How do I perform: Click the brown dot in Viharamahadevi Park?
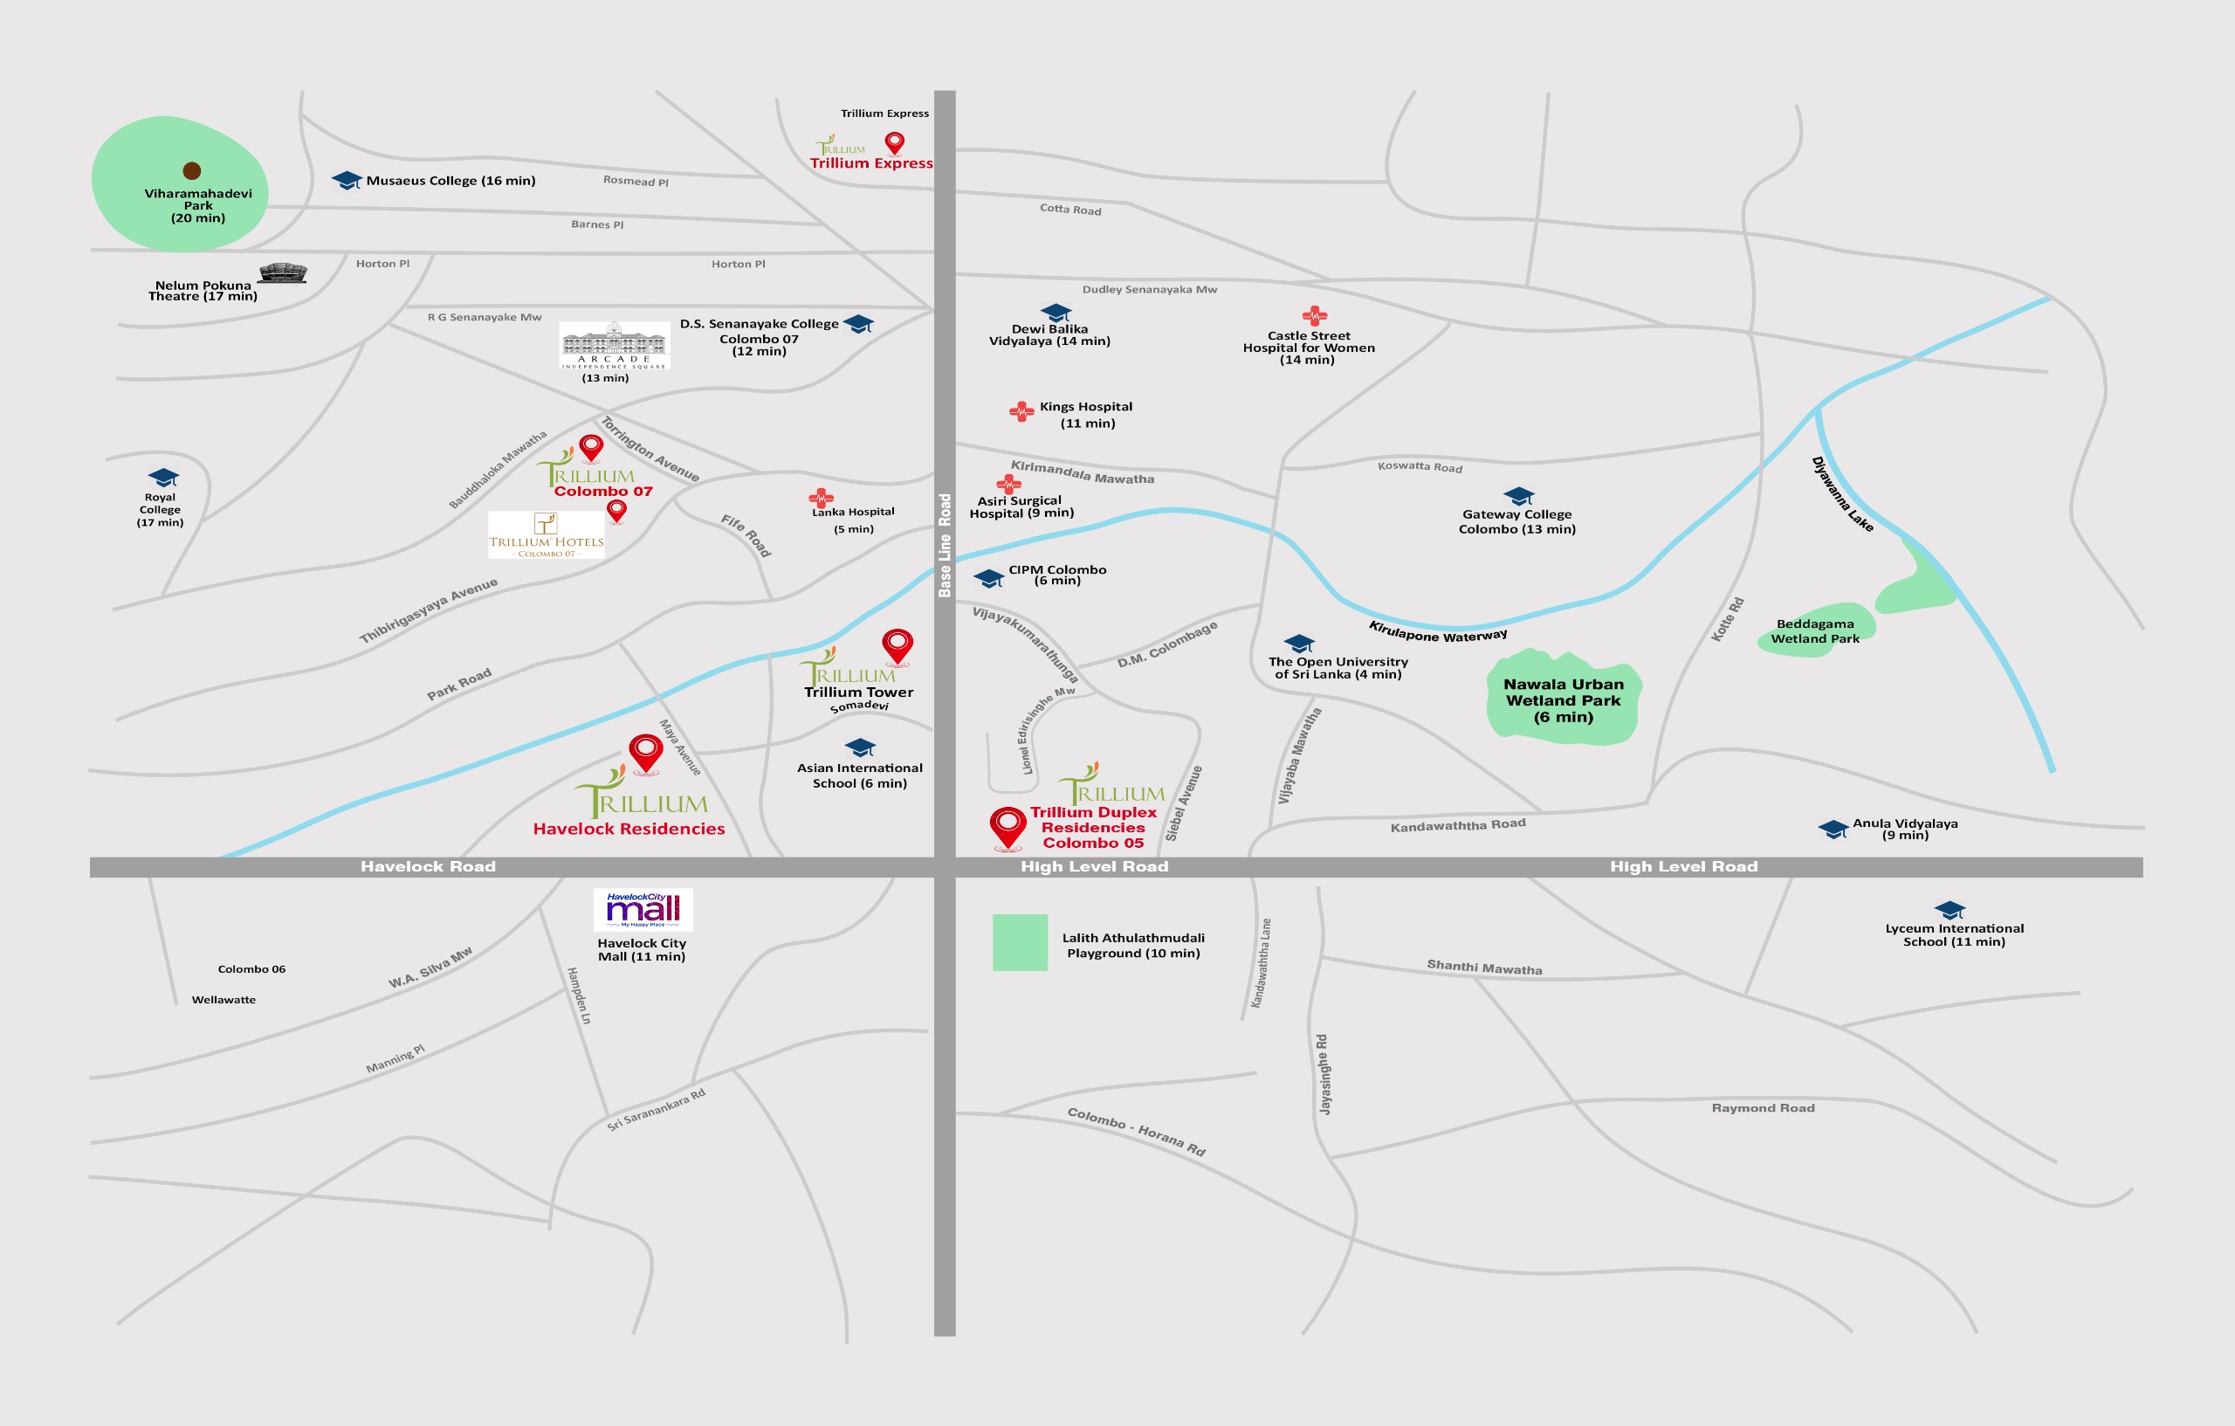coord(192,171)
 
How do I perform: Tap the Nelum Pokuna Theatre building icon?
coord(283,273)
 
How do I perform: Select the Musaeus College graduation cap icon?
coord(347,180)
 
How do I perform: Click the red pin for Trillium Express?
coord(895,143)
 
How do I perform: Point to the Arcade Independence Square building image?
coord(614,345)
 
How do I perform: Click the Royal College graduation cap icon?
coord(163,477)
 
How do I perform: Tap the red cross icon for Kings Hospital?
coord(1021,411)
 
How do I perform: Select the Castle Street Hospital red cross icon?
coord(1314,315)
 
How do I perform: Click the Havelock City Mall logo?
coord(643,910)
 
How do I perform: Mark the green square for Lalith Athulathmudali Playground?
coord(1020,942)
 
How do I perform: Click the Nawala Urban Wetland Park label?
coord(1563,700)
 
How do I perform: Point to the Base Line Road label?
coord(945,545)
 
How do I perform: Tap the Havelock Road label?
coord(428,866)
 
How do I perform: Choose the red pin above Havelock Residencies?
coord(646,752)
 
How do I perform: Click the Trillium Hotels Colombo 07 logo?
coord(547,534)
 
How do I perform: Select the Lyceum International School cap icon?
coord(1950,910)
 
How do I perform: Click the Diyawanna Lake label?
coord(1842,494)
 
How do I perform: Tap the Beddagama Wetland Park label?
coord(1814,631)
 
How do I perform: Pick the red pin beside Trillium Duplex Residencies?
coord(1008,826)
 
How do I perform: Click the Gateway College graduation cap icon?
coord(1518,496)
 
